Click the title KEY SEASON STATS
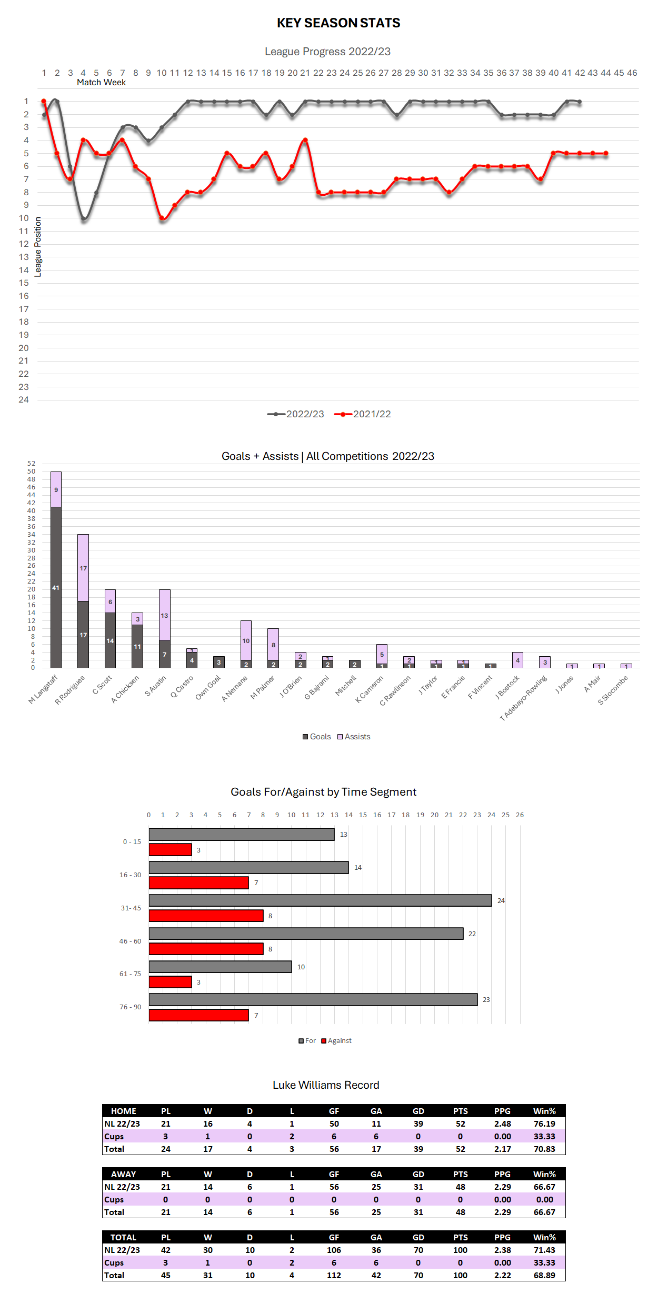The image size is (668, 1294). [338, 23]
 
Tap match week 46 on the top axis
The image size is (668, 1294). [632, 73]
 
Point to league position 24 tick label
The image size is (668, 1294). [24, 400]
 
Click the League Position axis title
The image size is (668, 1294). [38, 247]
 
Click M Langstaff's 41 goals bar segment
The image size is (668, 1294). [56, 587]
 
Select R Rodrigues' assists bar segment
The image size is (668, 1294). [83, 568]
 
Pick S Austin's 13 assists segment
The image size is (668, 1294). [165, 615]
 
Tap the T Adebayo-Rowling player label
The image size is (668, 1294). [523, 698]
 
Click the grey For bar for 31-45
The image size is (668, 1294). [320, 900]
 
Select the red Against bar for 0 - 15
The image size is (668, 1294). [170, 850]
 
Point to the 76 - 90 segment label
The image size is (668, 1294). [130, 1007]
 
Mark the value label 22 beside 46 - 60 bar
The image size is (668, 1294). [472, 934]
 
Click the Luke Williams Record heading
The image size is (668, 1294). [326, 1085]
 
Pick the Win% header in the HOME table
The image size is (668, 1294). [544, 1111]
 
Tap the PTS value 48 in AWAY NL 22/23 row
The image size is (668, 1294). [461, 1187]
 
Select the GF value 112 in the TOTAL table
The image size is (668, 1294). [334, 1276]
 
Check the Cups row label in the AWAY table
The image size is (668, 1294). [114, 1200]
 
